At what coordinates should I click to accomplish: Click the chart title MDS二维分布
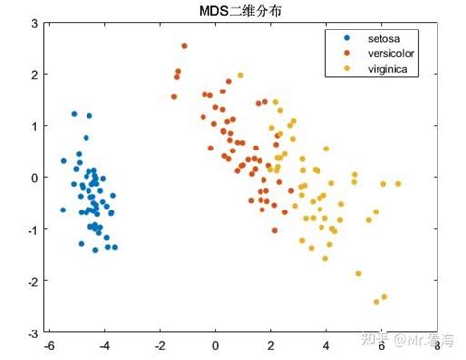pos(241,9)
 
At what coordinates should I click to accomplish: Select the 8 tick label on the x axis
pos(436,345)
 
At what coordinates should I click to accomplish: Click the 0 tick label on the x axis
pos(215,345)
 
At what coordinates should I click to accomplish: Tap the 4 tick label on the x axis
pos(325,345)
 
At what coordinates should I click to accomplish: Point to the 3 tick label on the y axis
pos(34,22)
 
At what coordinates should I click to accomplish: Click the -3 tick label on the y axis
pos(32,333)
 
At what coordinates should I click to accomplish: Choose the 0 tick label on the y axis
pos(34,178)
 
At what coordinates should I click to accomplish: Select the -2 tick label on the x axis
pos(159,345)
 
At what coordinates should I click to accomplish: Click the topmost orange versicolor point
pos(184,46)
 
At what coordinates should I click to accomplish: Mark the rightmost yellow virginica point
pos(398,184)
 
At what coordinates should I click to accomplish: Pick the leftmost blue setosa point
pos(63,210)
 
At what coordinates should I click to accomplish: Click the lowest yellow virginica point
pos(376,301)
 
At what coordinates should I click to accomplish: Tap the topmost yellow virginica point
pos(240,75)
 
